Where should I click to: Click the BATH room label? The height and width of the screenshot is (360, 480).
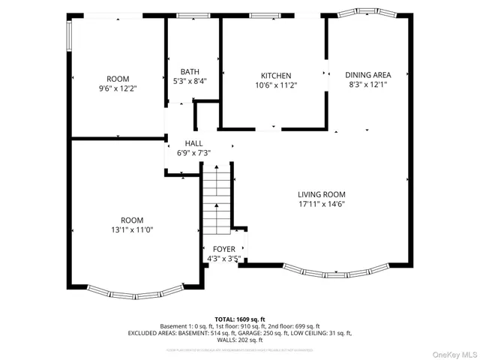[x=190, y=72]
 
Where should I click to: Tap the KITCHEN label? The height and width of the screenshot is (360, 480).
[x=275, y=76]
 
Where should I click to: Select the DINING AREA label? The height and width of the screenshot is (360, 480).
[x=367, y=75]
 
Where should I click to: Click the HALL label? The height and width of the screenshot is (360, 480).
[x=193, y=143]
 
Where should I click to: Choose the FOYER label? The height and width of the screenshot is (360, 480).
[x=223, y=249]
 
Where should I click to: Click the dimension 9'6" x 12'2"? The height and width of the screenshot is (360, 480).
[x=118, y=88]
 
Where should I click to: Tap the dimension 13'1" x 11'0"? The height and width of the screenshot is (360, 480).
[x=132, y=229]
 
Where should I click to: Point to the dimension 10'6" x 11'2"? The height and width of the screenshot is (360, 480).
[x=275, y=85]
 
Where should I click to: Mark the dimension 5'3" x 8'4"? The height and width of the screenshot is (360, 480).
[x=190, y=81]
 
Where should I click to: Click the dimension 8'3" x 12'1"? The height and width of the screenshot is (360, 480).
[x=367, y=85]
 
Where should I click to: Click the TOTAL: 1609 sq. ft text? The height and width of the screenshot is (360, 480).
[x=239, y=319]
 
